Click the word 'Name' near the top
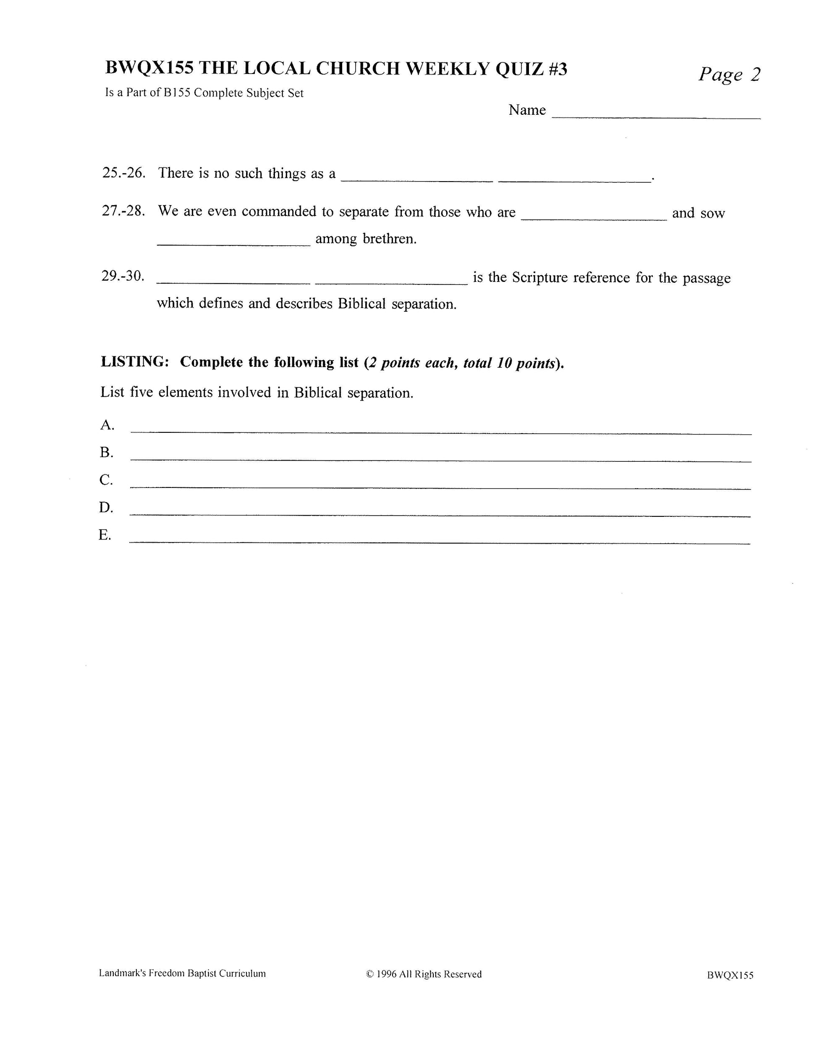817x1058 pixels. pyautogui.click(x=527, y=111)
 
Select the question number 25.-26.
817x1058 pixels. pyautogui.click(x=124, y=173)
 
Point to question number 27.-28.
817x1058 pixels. pyautogui.click(x=124, y=211)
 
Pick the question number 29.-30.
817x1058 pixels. pyautogui.click(x=123, y=276)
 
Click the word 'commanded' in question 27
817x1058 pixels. pyautogui.click(x=279, y=212)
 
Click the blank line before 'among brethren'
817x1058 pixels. pyautogui.click(x=233, y=245)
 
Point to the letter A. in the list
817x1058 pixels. pyautogui.click(x=107, y=425)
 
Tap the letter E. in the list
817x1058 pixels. pyautogui.click(x=105, y=535)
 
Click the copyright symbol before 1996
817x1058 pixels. pyautogui.click(x=370, y=974)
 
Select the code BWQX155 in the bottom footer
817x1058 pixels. pyautogui.click(x=730, y=975)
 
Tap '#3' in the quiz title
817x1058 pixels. pyautogui.click(x=558, y=69)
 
